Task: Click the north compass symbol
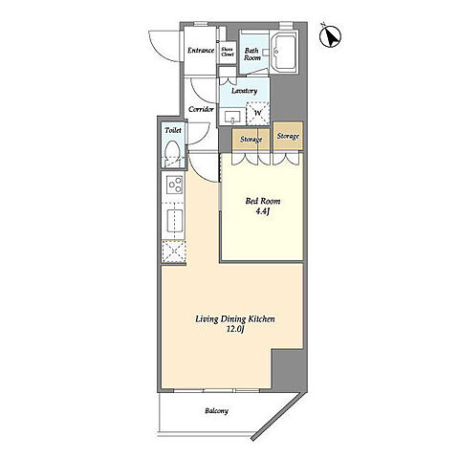pyautogui.click(x=330, y=36)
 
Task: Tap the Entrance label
pyautogui.click(x=201, y=51)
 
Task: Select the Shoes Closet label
pyautogui.click(x=228, y=52)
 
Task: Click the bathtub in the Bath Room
pyautogui.click(x=286, y=53)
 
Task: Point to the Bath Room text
pyautogui.click(x=252, y=55)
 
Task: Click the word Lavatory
pyautogui.click(x=244, y=91)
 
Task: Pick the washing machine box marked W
pyautogui.click(x=258, y=113)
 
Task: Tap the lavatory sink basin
pyautogui.click(x=232, y=117)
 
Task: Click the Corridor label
pyautogui.click(x=201, y=109)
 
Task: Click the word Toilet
pyautogui.click(x=173, y=130)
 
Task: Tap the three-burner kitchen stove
pyautogui.click(x=174, y=185)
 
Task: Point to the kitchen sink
pyautogui.click(x=175, y=221)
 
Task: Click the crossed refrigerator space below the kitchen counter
pyautogui.click(x=174, y=251)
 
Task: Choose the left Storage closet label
pyautogui.click(x=251, y=140)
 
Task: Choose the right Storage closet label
pyautogui.click(x=288, y=136)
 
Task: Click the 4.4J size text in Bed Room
pyautogui.click(x=263, y=211)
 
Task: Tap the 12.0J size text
pyautogui.click(x=235, y=330)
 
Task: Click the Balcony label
pyautogui.click(x=217, y=411)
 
